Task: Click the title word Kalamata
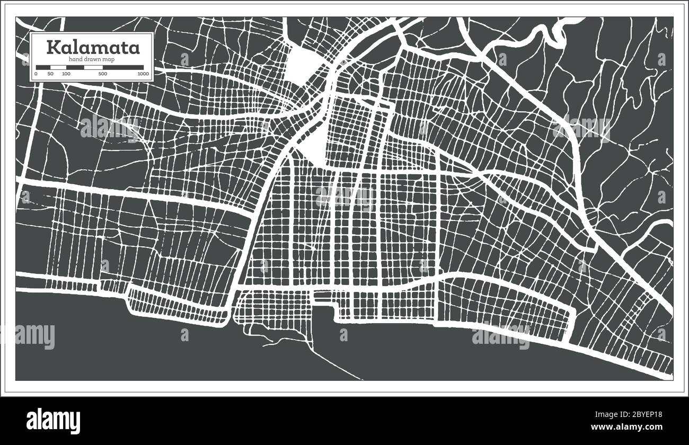point(93,47)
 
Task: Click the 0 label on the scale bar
point(36,74)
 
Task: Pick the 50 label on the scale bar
point(50,74)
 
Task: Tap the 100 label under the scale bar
point(66,74)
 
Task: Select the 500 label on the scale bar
point(102,74)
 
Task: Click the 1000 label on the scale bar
point(143,74)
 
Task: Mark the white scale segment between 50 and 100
point(58,67)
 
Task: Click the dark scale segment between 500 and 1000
point(123,67)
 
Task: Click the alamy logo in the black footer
point(54,421)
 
